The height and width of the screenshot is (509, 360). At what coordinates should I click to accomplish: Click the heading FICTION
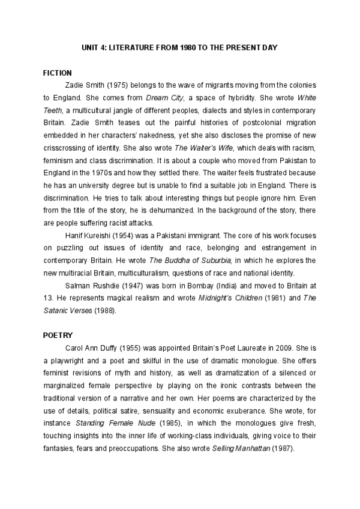point(58,73)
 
